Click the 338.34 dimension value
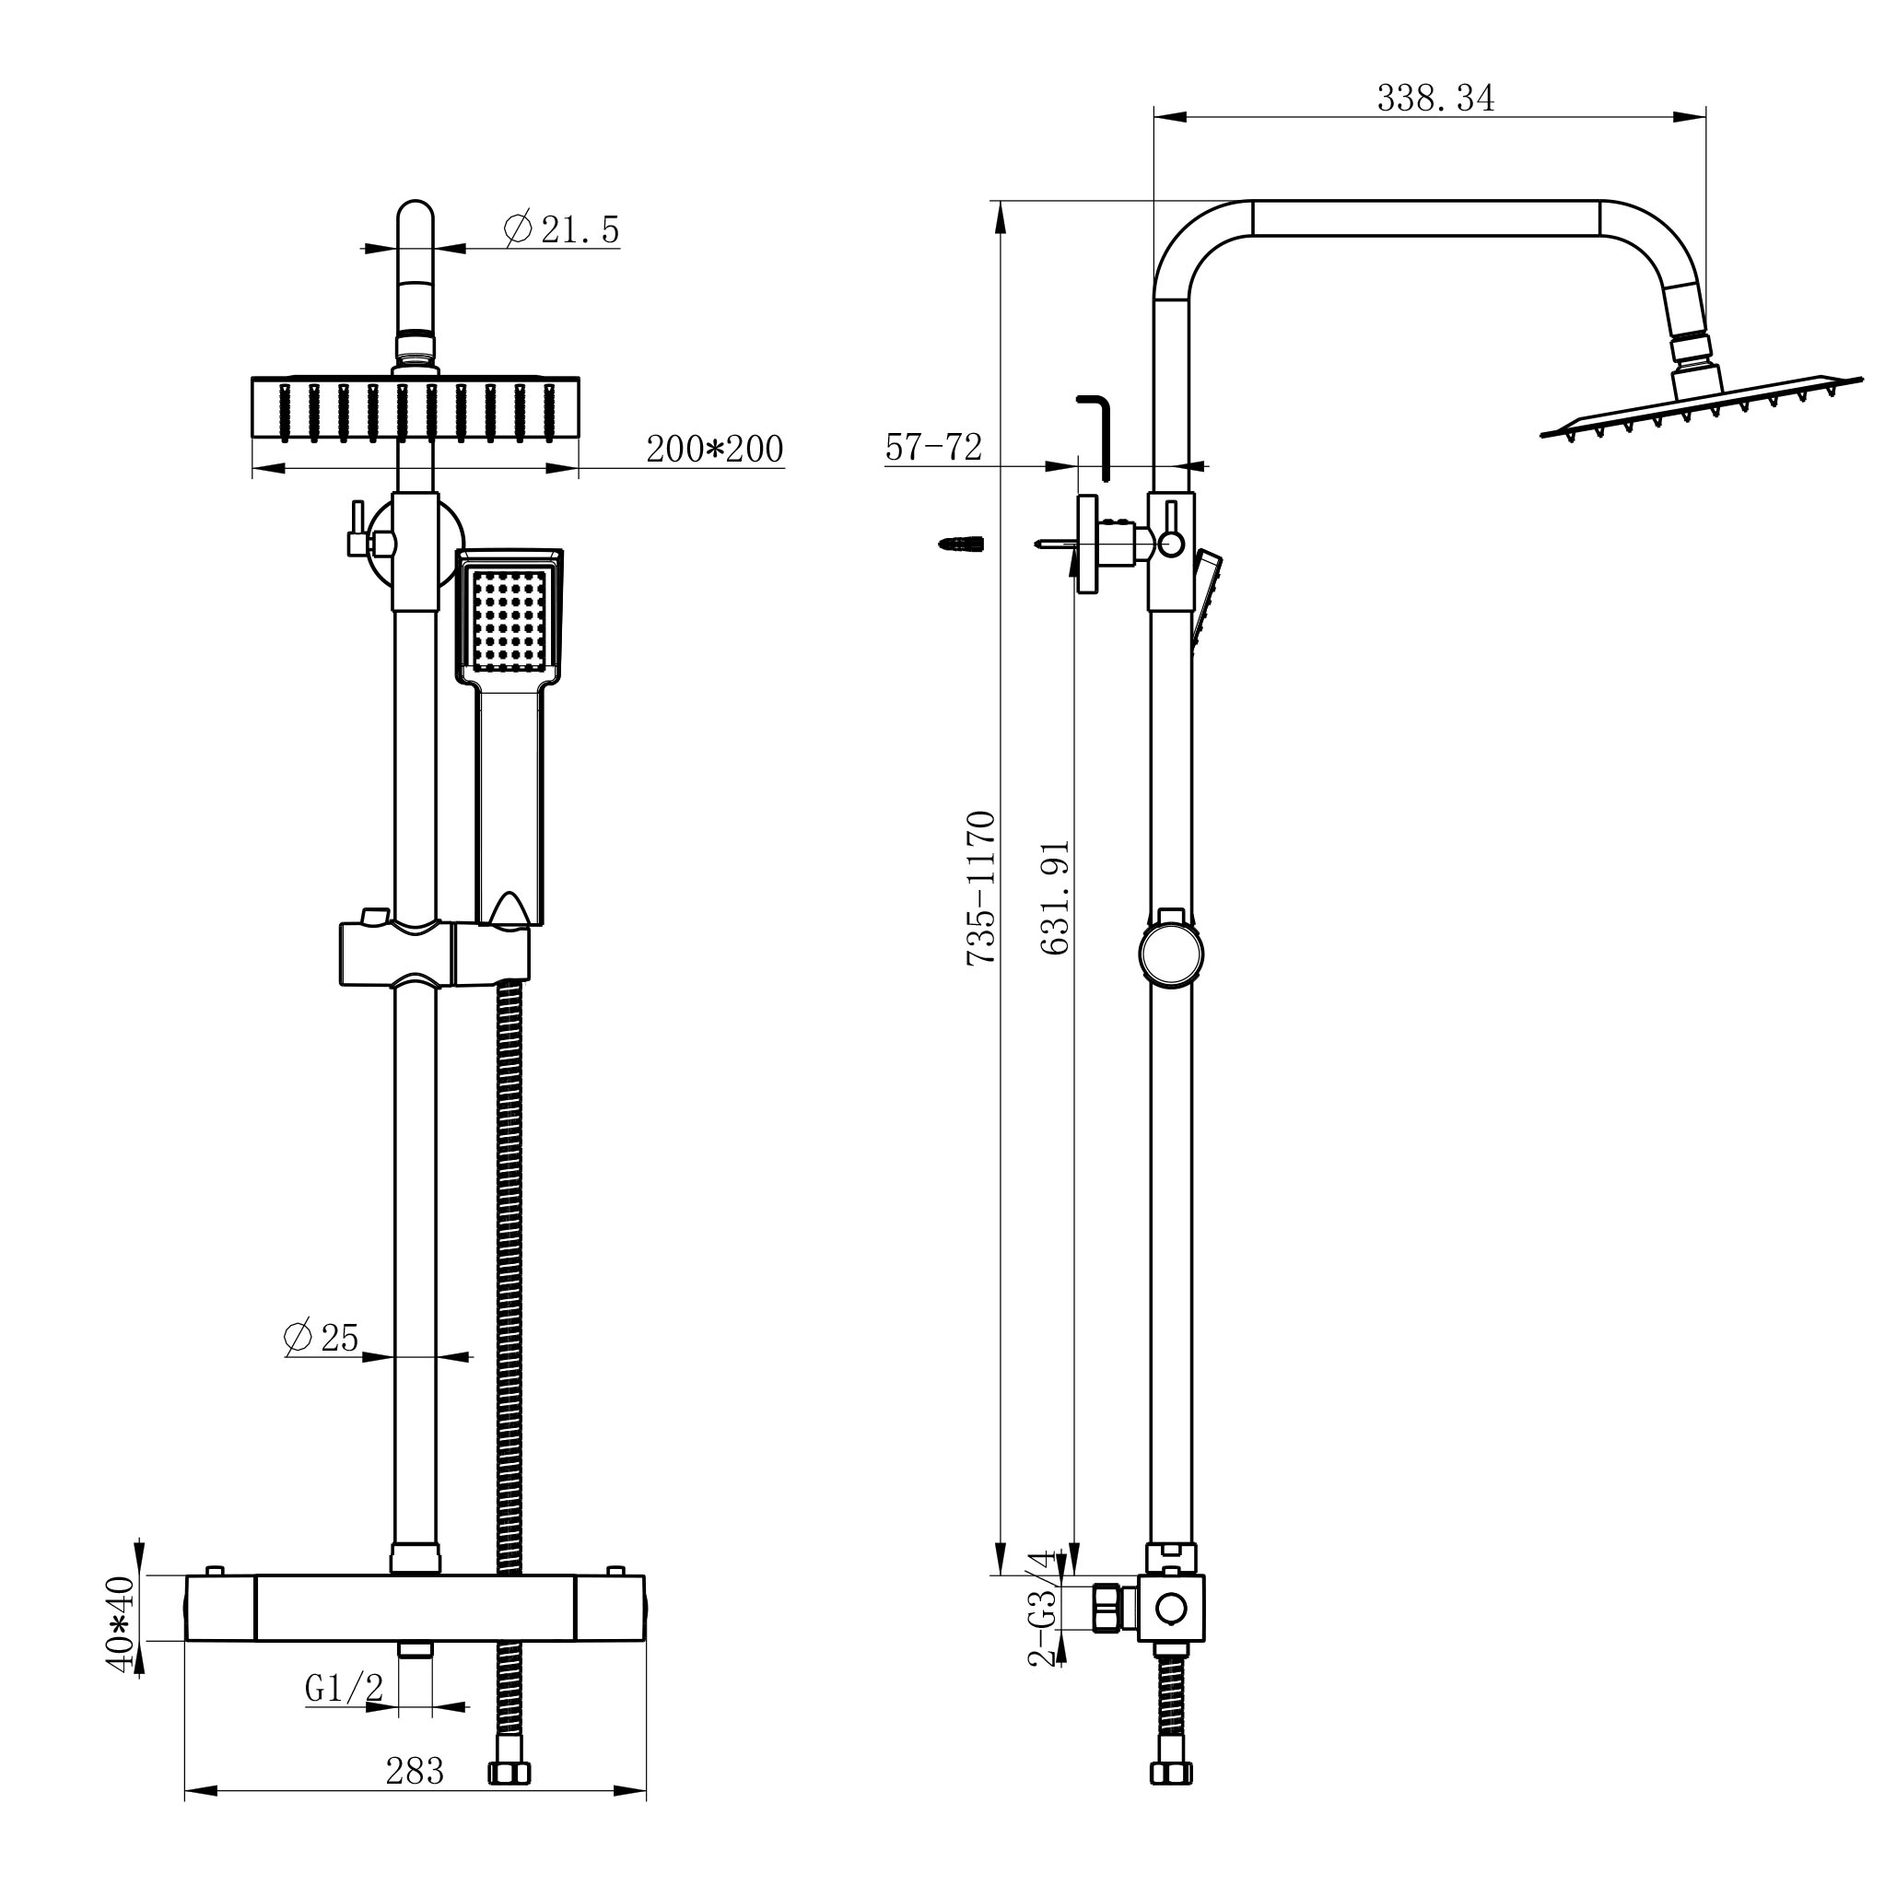[x=1434, y=100]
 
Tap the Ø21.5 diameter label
[x=562, y=230]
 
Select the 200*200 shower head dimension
[x=714, y=450]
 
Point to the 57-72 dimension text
[x=932, y=448]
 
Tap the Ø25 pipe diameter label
[x=322, y=1338]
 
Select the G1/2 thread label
[x=344, y=1689]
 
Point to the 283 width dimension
[x=415, y=1772]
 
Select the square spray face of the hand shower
[x=509, y=615]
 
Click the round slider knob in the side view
[x=1171, y=952]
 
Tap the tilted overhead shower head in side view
[x=1699, y=407]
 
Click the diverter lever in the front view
[x=356, y=527]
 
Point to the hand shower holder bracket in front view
[x=491, y=953]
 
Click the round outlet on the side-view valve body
[x=1171, y=1609]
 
